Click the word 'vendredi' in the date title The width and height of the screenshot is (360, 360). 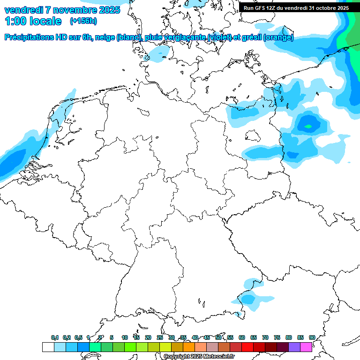pos(23,9)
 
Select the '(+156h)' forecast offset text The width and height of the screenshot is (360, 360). pos(83,21)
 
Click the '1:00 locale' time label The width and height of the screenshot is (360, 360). pos(33,21)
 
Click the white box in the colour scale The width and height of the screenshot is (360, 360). pos(48,347)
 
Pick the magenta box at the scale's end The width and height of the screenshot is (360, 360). pos(306,347)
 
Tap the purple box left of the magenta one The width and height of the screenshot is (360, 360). pos(294,347)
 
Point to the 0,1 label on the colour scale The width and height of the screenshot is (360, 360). pos(54,338)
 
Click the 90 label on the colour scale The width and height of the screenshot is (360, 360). pos(312,338)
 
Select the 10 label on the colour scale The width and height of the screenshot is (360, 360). pos(125,338)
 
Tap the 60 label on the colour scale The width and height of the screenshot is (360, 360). pos(242,338)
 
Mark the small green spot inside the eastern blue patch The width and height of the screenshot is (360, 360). pos(308,126)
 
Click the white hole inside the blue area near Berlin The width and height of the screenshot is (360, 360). pos(253,135)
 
